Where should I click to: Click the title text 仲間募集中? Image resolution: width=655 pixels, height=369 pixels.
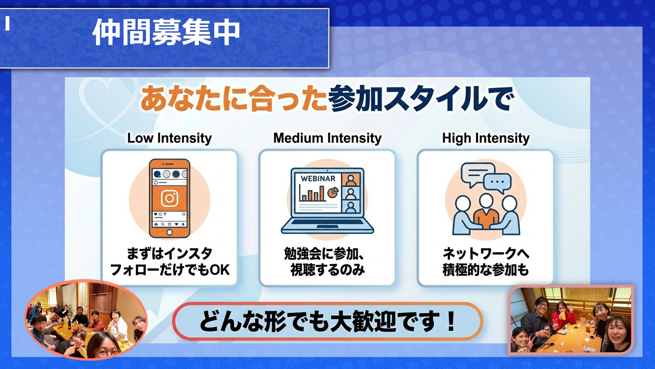[x=166, y=32]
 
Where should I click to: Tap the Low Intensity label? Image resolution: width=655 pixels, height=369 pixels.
[x=170, y=138]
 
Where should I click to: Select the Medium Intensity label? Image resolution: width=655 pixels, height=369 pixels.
[x=327, y=138]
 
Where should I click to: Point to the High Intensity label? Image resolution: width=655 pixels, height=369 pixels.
[x=486, y=138]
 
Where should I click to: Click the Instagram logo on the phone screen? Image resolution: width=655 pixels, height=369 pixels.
[x=170, y=198]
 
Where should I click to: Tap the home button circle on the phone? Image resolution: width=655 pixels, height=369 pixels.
[x=170, y=232]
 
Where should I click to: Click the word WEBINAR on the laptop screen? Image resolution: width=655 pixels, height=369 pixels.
[x=318, y=178]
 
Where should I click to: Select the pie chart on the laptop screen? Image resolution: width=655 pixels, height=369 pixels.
[x=333, y=193]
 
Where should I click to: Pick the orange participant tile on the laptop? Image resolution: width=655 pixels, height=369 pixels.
[x=351, y=179]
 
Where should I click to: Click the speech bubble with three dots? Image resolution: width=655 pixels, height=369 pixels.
[x=497, y=183]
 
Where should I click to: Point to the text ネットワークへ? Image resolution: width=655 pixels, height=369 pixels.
[x=486, y=254]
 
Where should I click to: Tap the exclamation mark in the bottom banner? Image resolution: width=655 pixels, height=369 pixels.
[x=451, y=321]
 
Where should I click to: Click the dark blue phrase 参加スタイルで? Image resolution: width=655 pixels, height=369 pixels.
[x=421, y=98]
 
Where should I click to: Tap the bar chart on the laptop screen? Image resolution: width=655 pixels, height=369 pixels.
[x=312, y=193]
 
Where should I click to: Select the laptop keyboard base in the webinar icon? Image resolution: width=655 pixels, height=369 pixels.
[x=327, y=226]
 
